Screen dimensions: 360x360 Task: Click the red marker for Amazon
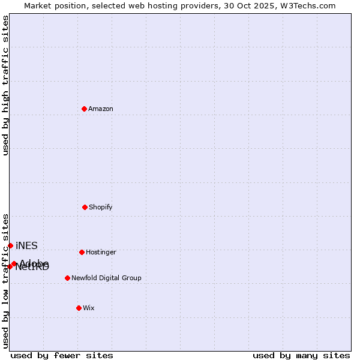pyautogui.click(x=84, y=109)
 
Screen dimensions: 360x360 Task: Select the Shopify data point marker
pyautogui.click(x=85, y=207)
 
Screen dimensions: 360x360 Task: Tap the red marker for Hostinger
pyautogui.click(x=82, y=252)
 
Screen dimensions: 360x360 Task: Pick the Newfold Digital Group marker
pyautogui.click(x=67, y=278)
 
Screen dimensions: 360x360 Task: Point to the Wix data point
pyautogui.click(x=79, y=308)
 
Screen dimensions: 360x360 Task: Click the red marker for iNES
pyautogui.click(x=10, y=245)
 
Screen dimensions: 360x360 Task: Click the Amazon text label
pyautogui.click(x=101, y=109)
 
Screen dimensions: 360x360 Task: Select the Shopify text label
pyautogui.click(x=101, y=207)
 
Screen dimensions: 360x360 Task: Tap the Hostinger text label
pyautogui.click(x=101, y=252)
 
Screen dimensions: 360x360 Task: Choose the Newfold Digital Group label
pyautogui.click(x=106, y=278)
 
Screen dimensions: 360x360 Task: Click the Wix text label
pyautogui.click(x=89, y=308)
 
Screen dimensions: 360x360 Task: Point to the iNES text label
pyautogui.click(x=26, y=245)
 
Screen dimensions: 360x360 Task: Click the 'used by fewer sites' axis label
pyautogui.click(x=62, y=355)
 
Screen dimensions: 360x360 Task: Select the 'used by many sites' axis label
pyautogui.click(x=301, y=355)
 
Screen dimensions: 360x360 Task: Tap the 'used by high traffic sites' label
pyautogui.click(x=5, y=85)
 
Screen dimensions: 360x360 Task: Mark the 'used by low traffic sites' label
pyautogui.click(x=5, y=281)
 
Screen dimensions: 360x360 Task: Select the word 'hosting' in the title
pyautogui.click(x=148, y=5)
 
